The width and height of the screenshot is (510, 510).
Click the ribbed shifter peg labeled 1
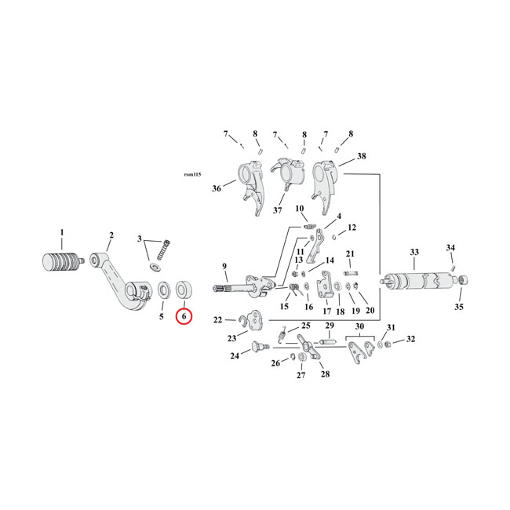pyautogui.click(x=61, y=260)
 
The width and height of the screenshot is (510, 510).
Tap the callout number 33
pyautogui.click(x=414, y=252)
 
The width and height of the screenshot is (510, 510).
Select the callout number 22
pyautogui.click(x=218, y=319)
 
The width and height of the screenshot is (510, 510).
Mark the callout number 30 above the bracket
pyautogui.click(x=360, y=326)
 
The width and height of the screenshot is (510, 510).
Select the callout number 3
pyautogui.click(x=140, y=239)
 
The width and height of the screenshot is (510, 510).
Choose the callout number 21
pyautogui.click(x=351, y=253)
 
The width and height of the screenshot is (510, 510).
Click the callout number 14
pyautogui.click(x=330, y=260)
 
